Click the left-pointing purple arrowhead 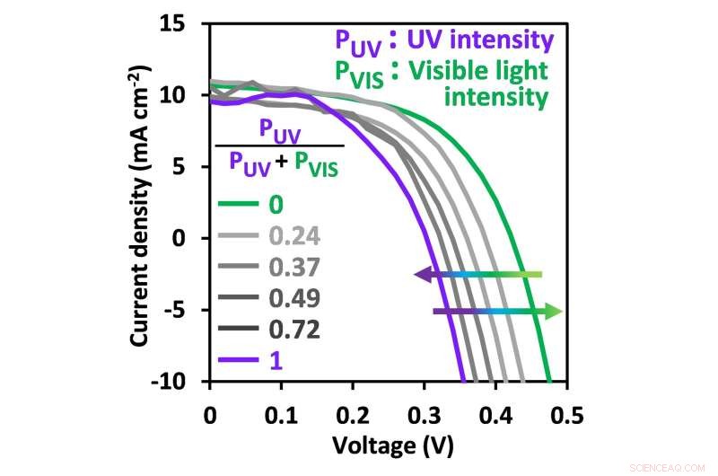421,275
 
